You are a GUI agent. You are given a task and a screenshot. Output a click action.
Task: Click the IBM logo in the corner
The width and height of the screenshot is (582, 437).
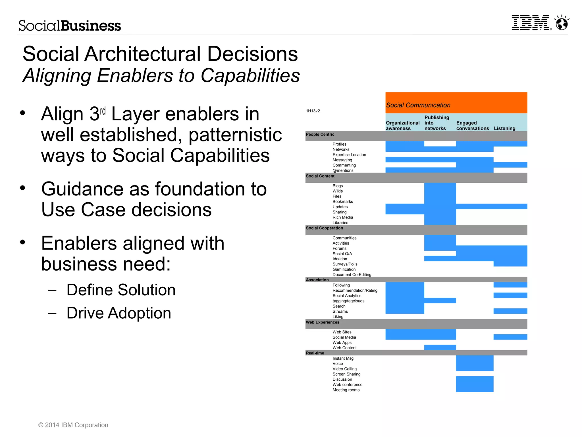531,23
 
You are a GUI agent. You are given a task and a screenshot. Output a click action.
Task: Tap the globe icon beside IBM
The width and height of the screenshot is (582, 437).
562,23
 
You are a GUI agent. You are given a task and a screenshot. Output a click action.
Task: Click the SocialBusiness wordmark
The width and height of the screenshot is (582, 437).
70,26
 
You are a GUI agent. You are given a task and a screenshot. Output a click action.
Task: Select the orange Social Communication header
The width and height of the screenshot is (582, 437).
456,103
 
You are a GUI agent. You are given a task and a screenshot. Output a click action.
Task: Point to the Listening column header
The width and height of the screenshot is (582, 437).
504,128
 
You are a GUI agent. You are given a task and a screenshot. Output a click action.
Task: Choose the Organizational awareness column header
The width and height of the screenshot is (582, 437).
402,125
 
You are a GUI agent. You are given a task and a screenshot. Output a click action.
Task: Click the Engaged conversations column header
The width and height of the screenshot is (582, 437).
472,125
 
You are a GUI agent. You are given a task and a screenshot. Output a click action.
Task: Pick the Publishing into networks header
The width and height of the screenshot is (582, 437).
437,123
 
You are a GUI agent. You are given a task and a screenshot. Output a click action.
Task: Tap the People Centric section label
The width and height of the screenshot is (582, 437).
320,134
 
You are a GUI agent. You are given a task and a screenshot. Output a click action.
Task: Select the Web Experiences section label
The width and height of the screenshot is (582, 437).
322,322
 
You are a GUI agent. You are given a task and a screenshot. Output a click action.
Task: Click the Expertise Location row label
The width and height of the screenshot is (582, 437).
349,155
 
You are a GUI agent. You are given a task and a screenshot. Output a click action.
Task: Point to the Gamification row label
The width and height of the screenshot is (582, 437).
344,269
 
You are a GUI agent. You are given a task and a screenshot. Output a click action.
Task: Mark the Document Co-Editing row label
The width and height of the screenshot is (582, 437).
352,275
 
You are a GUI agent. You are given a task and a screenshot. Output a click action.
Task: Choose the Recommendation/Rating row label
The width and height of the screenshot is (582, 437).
355,290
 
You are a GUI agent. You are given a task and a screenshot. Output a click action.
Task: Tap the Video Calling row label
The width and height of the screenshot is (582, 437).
344,369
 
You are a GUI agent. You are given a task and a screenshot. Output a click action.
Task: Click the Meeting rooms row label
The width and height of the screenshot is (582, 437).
346,390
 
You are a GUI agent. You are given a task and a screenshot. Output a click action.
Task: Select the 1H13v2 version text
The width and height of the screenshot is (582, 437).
313,111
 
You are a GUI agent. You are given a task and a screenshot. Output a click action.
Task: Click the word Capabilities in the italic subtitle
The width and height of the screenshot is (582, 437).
250,76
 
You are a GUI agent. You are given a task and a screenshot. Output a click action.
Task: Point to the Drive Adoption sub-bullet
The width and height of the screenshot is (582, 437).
119,313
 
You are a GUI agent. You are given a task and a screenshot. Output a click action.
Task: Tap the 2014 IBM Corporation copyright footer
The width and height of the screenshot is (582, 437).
73,425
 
